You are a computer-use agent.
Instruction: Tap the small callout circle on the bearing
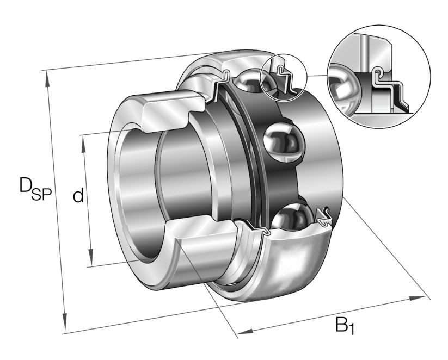(x=284, y=77)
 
